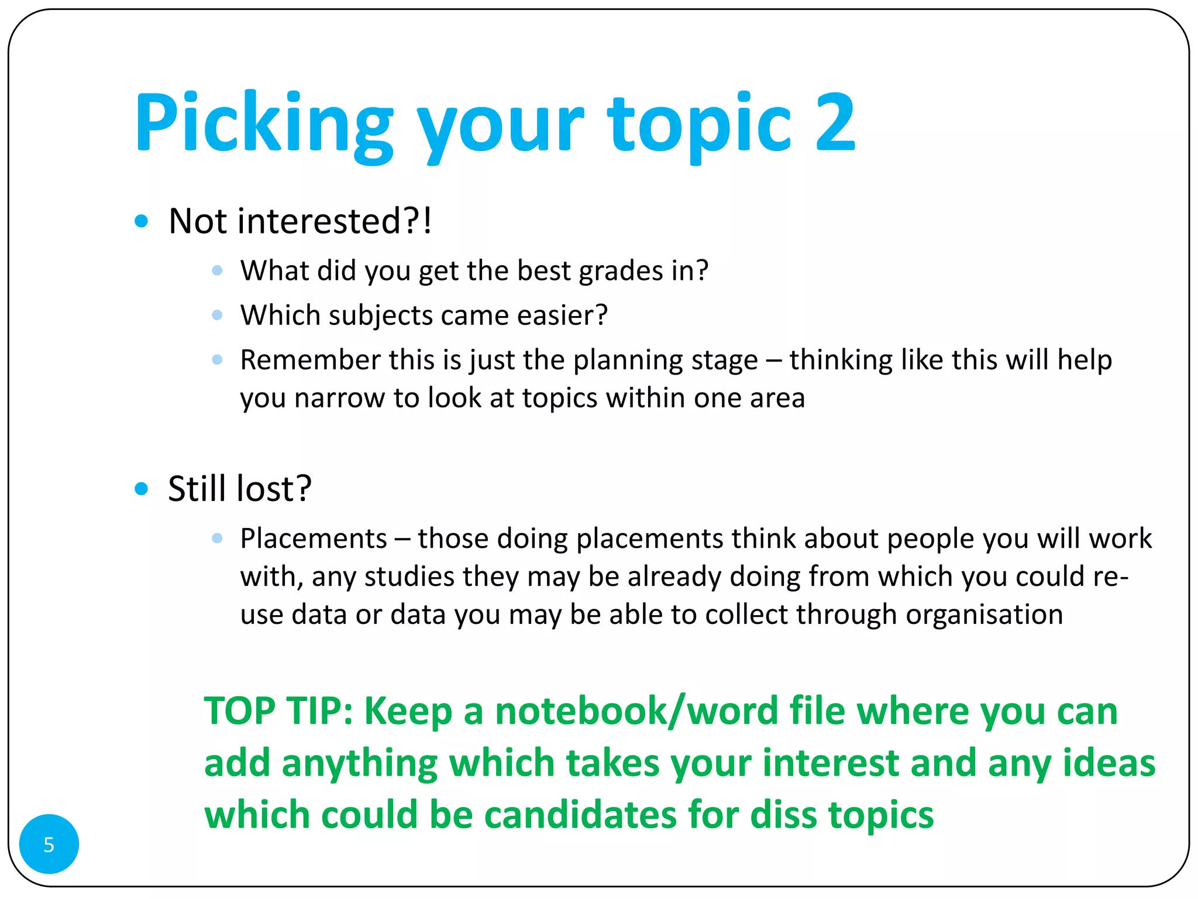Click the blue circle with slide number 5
click(x=49, y=844)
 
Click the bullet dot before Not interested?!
click(x=141, y=221)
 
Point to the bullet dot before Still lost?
click(x=141, y=489)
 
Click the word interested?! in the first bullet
click(x=335, y=221)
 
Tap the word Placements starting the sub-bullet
click(x=314, y=538)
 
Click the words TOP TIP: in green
click(x=278, y=711)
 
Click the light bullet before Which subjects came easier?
click(x=217, y=315)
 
